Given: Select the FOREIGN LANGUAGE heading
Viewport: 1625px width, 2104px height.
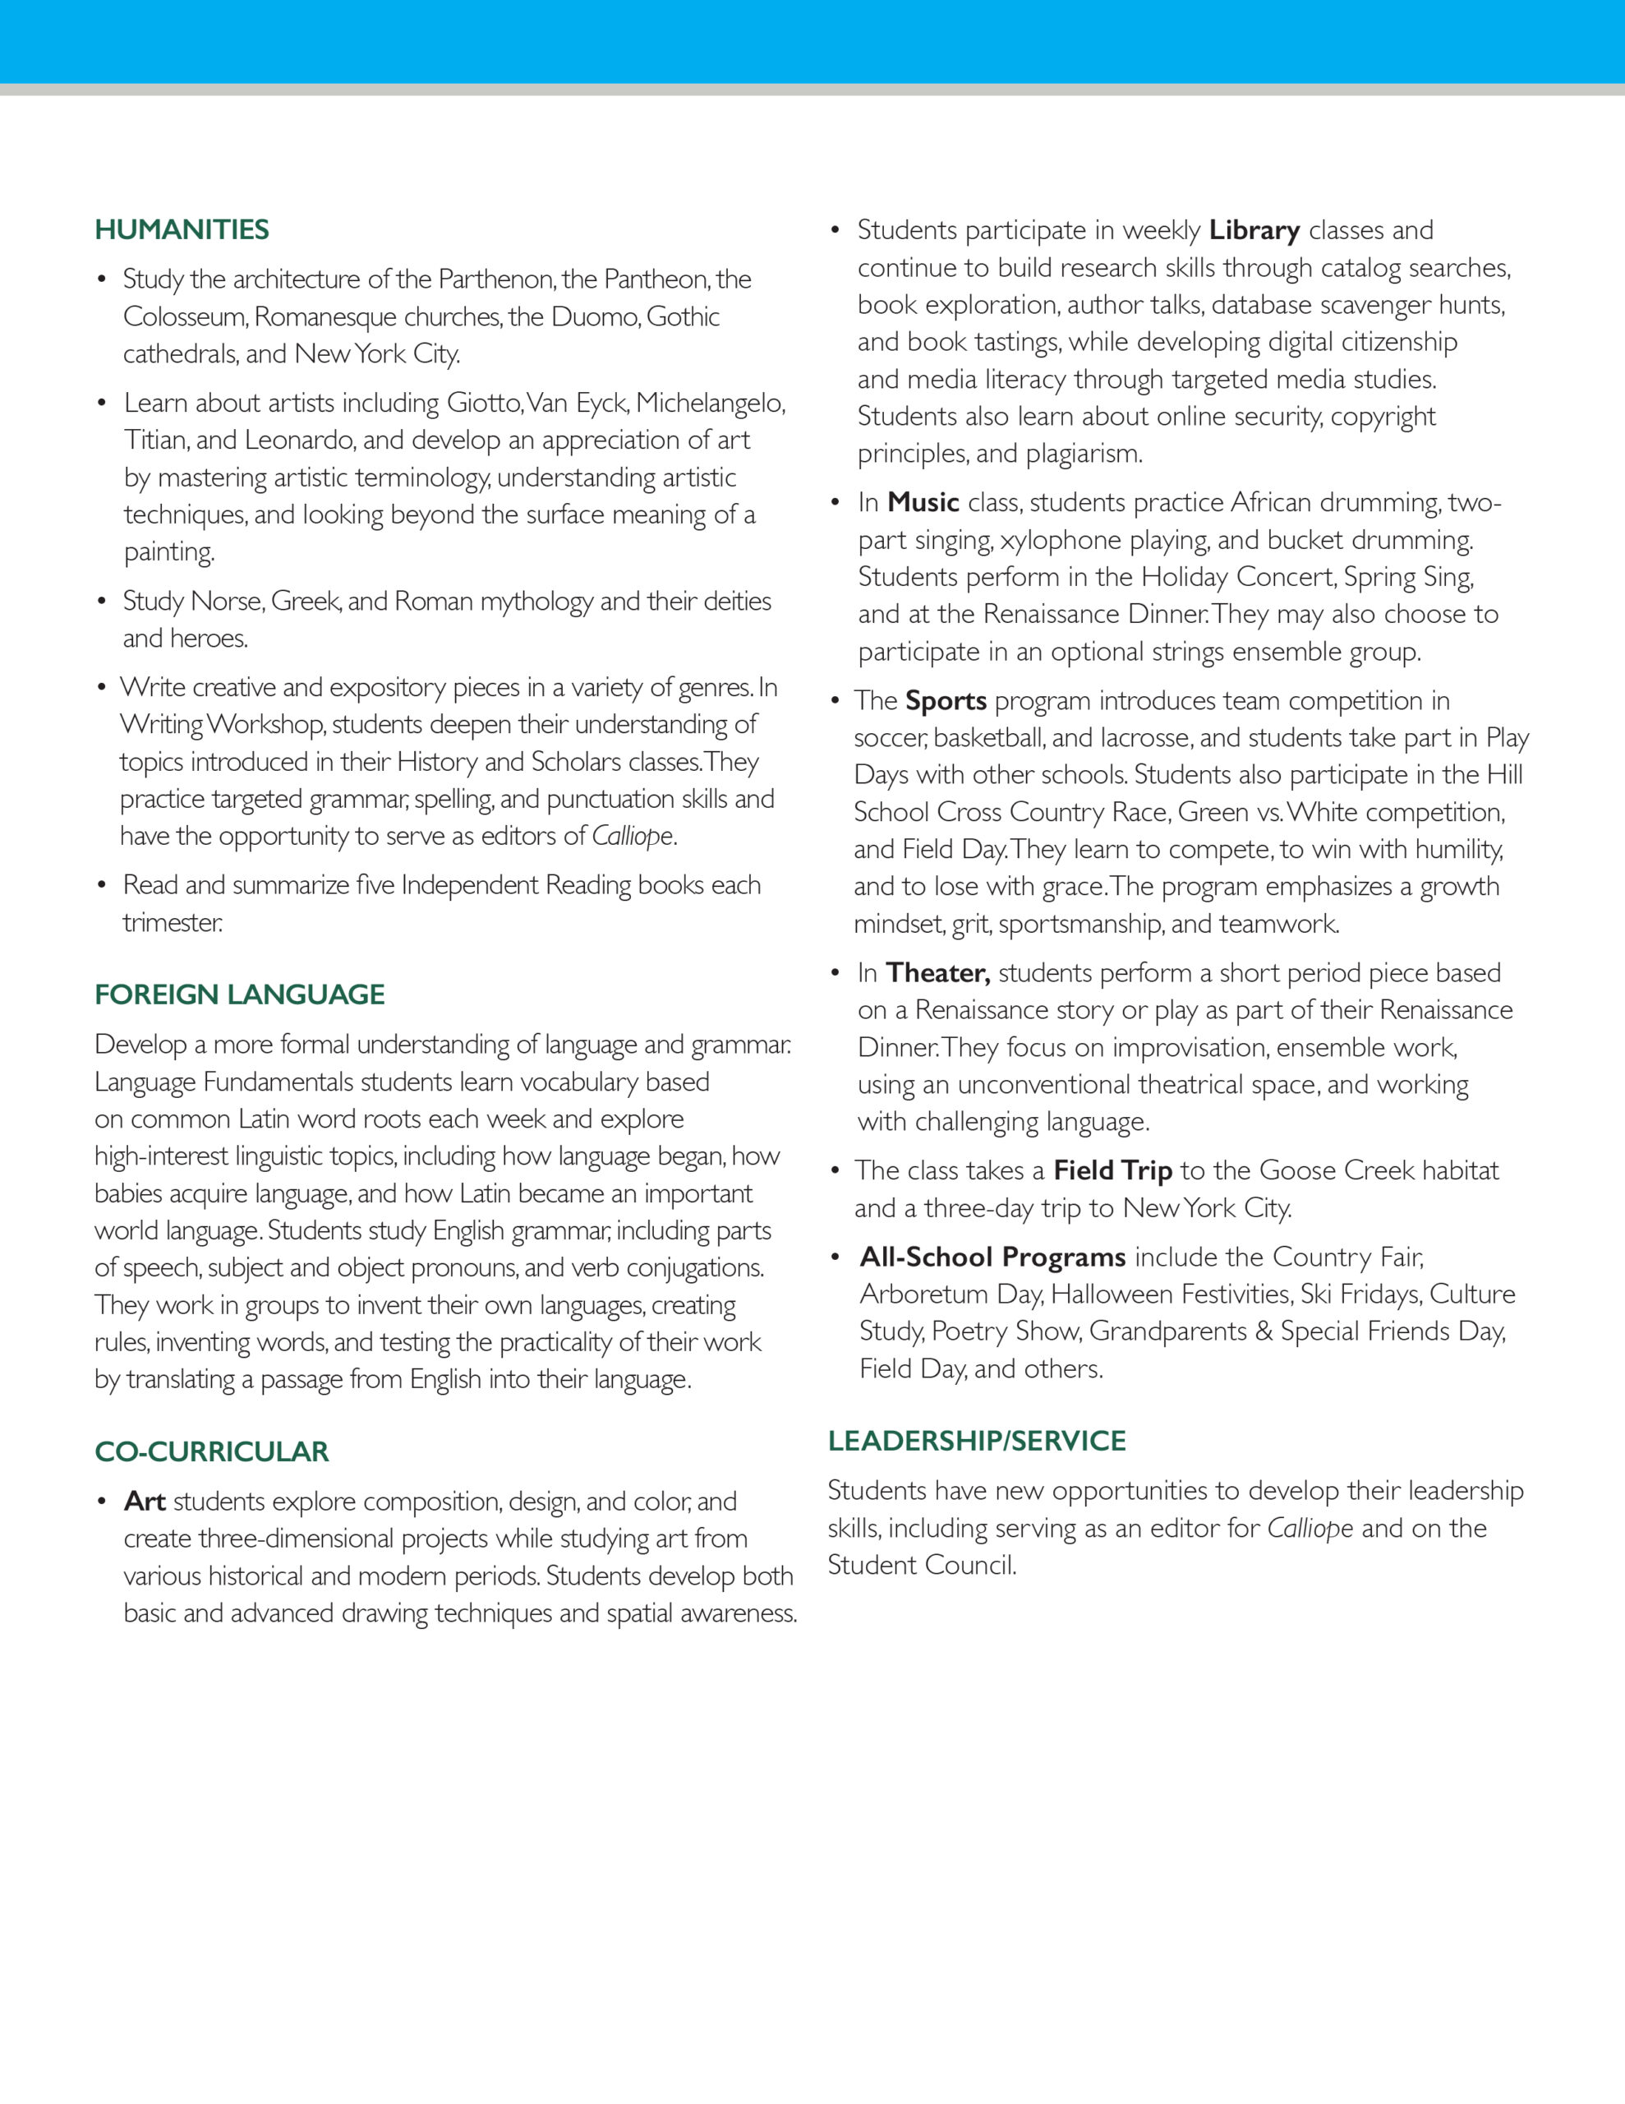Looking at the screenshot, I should [x=239, y=994].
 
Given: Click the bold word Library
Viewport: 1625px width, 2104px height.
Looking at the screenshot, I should [x=1254, y=230].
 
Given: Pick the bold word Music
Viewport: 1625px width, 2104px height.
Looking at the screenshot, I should [x=923, y=502].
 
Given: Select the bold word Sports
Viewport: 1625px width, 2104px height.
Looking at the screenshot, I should [x=946, y=700].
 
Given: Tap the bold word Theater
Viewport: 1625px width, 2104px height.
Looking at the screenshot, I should [x=937, y=973].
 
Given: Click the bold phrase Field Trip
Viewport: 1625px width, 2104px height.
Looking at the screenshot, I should [x=1112, y=1170].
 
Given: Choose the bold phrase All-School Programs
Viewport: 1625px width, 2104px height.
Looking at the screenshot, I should [x=992, y=1257].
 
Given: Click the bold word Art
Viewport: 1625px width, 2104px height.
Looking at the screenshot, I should [x=145, y=1501].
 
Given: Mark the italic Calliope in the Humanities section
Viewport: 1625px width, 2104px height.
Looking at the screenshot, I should [x=632, y=836].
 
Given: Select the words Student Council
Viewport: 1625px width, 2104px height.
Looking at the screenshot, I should [x=921, y=1565].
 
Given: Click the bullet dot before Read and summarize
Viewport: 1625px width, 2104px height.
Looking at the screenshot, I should [x=101, y=885].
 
